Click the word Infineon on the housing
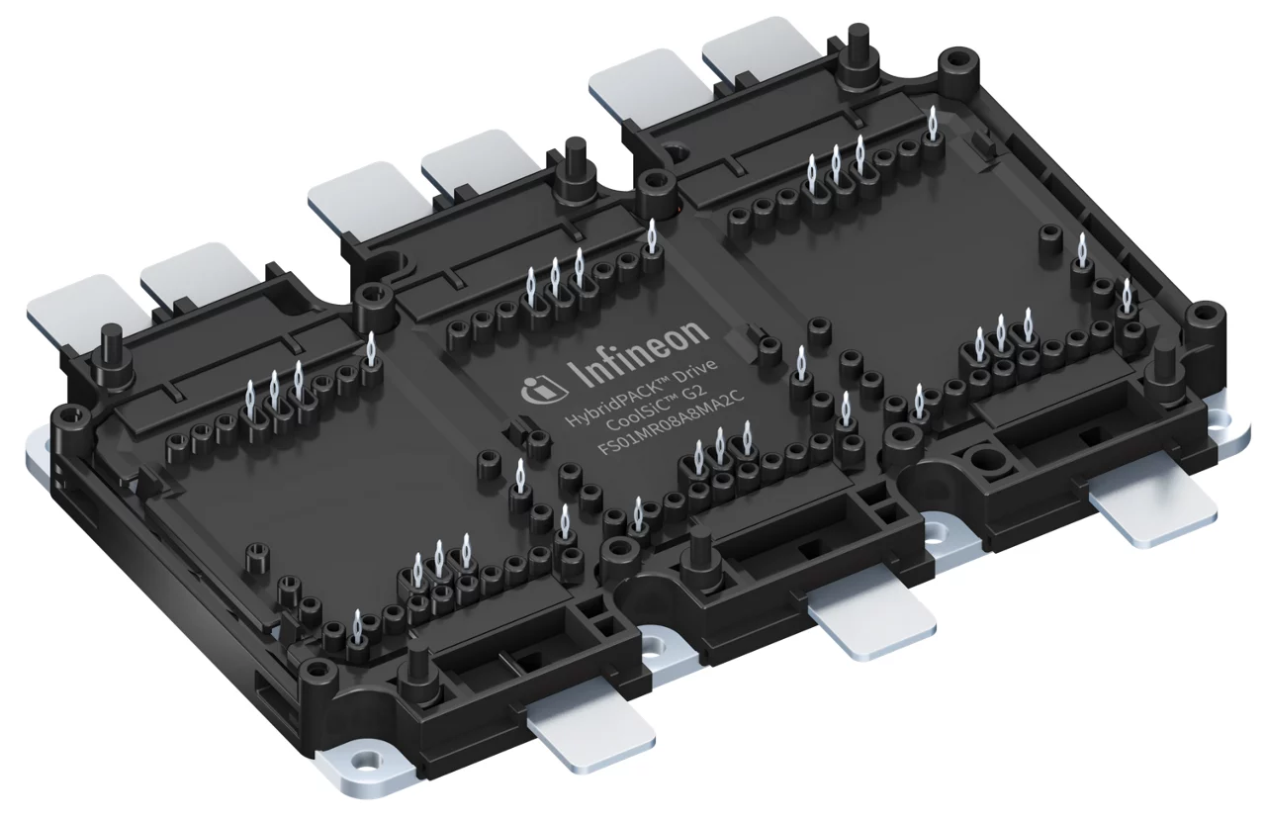pos(641,356)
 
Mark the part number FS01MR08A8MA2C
pos(671,425)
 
